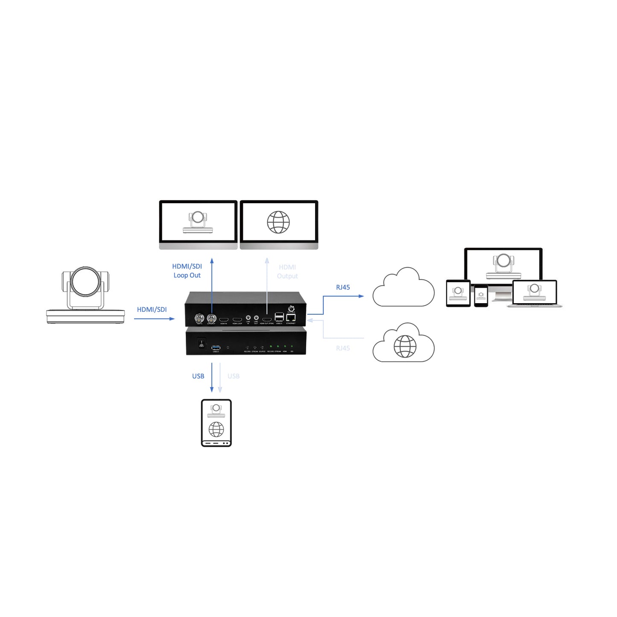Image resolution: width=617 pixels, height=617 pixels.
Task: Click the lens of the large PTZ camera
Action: [85, 282]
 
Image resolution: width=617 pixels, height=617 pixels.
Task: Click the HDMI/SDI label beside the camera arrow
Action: [152, 310]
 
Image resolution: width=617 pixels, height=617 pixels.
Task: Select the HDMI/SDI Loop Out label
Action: [187, 271]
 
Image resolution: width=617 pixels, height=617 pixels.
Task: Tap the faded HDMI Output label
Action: [287, 272]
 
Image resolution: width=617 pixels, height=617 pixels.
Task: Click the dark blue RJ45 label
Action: [343, 287]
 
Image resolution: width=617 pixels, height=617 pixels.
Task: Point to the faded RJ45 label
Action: [343, 348]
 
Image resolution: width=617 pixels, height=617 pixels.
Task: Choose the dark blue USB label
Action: [198, 376]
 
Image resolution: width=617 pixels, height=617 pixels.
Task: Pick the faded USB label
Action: [234, 376]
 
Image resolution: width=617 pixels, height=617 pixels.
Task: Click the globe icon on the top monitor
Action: [278, 222]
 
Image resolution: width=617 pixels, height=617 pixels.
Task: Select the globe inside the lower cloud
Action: [405, 346]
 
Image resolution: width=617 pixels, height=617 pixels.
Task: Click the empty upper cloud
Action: [403, 290]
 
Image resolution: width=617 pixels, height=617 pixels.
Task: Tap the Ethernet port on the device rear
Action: [291, 318]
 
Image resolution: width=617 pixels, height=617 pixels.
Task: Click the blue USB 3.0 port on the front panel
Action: [216, 348]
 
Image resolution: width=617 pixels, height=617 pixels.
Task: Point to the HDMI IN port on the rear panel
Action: [224, 320]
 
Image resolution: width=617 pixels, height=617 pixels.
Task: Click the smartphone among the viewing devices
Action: [481, 295]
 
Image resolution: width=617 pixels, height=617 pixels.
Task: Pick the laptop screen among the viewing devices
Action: [534, 292]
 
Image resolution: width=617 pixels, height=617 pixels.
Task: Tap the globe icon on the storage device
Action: [216, 429]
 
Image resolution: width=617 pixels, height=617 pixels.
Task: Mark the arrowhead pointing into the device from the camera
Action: [172, 319]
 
